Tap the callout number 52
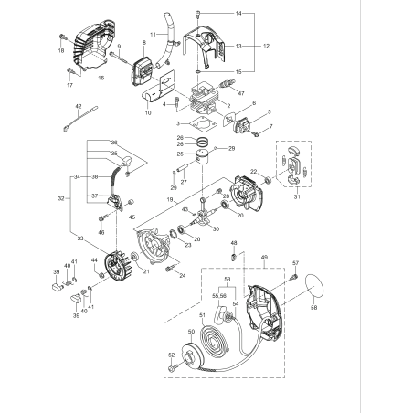point(171,355)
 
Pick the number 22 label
point(253,171)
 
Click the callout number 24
point(183,275)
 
